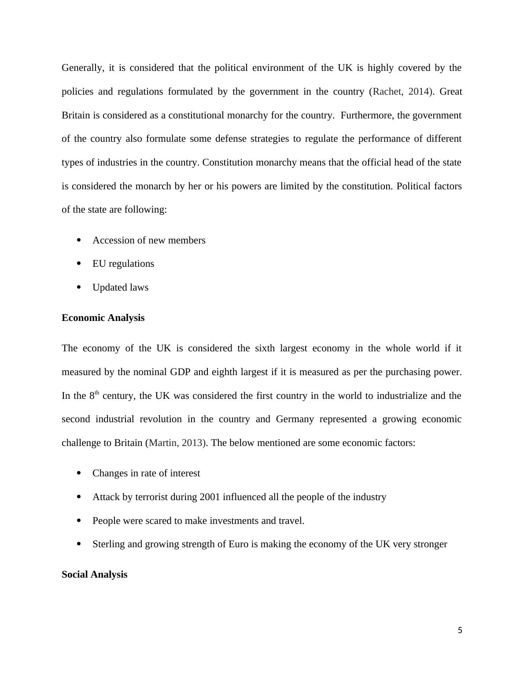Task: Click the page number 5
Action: [460, 630]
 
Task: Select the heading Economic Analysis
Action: [103, 318]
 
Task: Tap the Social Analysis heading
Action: [94, 575]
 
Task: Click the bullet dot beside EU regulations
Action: [79, 263]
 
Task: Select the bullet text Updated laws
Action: [120, 287]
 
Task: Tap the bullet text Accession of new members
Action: [149, 240]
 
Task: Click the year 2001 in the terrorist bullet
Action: [210, 497]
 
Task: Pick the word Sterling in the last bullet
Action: [108, 544]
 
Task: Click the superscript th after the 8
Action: [97, 393]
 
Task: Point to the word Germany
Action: [295, 419]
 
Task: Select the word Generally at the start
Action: [82, 68]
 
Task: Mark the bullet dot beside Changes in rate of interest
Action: [79, 473]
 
